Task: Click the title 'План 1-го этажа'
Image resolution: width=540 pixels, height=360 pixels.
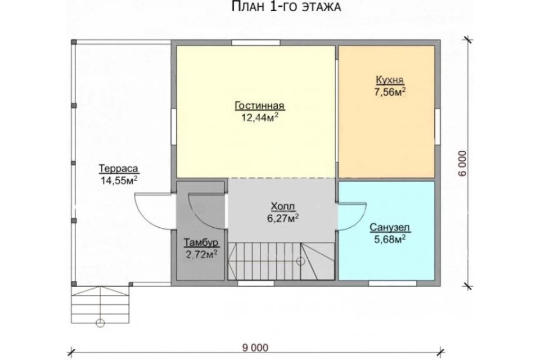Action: point(286,7)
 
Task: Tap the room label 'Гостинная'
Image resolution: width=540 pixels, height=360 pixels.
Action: point(260,105)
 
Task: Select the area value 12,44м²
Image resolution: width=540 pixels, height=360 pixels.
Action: point(260,118)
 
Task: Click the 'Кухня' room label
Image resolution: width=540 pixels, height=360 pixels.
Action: point(389,80)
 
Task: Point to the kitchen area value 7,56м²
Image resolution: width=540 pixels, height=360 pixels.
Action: point(390,92)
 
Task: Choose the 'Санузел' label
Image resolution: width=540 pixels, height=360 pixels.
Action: point(389,227)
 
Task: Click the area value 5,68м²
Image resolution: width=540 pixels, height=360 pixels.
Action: point(389,239)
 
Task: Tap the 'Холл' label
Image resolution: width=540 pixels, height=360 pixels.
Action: point(283,206)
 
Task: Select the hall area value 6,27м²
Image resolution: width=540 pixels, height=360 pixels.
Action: point(283,218)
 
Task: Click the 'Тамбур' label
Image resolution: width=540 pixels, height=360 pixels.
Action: point(201,242)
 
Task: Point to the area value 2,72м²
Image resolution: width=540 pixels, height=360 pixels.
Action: point(201,255)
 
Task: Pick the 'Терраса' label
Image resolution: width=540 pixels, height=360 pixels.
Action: point(119,168)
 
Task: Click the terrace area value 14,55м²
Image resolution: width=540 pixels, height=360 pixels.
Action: point(119,181)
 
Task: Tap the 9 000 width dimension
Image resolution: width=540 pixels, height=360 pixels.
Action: point(255,348)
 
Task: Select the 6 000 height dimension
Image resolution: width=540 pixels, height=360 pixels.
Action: point(462,163)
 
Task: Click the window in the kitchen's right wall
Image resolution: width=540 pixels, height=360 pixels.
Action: point(438,127)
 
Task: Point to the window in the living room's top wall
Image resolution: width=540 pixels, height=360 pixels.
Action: point(255,43)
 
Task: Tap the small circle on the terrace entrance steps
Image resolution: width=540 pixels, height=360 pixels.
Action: point(100,323)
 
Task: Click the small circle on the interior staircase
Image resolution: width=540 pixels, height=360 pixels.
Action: point(300,261)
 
